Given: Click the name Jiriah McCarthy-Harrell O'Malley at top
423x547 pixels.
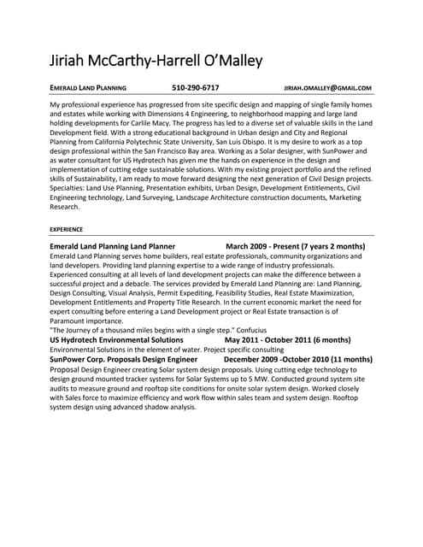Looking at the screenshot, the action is click(156, 61).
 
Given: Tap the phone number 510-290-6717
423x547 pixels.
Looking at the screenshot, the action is click(195, 87).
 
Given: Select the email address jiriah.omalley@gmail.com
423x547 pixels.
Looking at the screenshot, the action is click(327, 88).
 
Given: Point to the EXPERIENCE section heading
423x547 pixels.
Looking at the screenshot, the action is click(67, 230).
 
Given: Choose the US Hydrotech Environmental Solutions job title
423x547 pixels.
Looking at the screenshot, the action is click(116, 339).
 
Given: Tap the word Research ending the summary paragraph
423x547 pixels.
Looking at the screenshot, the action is click(66, 207).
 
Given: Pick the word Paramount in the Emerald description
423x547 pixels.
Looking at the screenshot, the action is click(71, 321).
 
